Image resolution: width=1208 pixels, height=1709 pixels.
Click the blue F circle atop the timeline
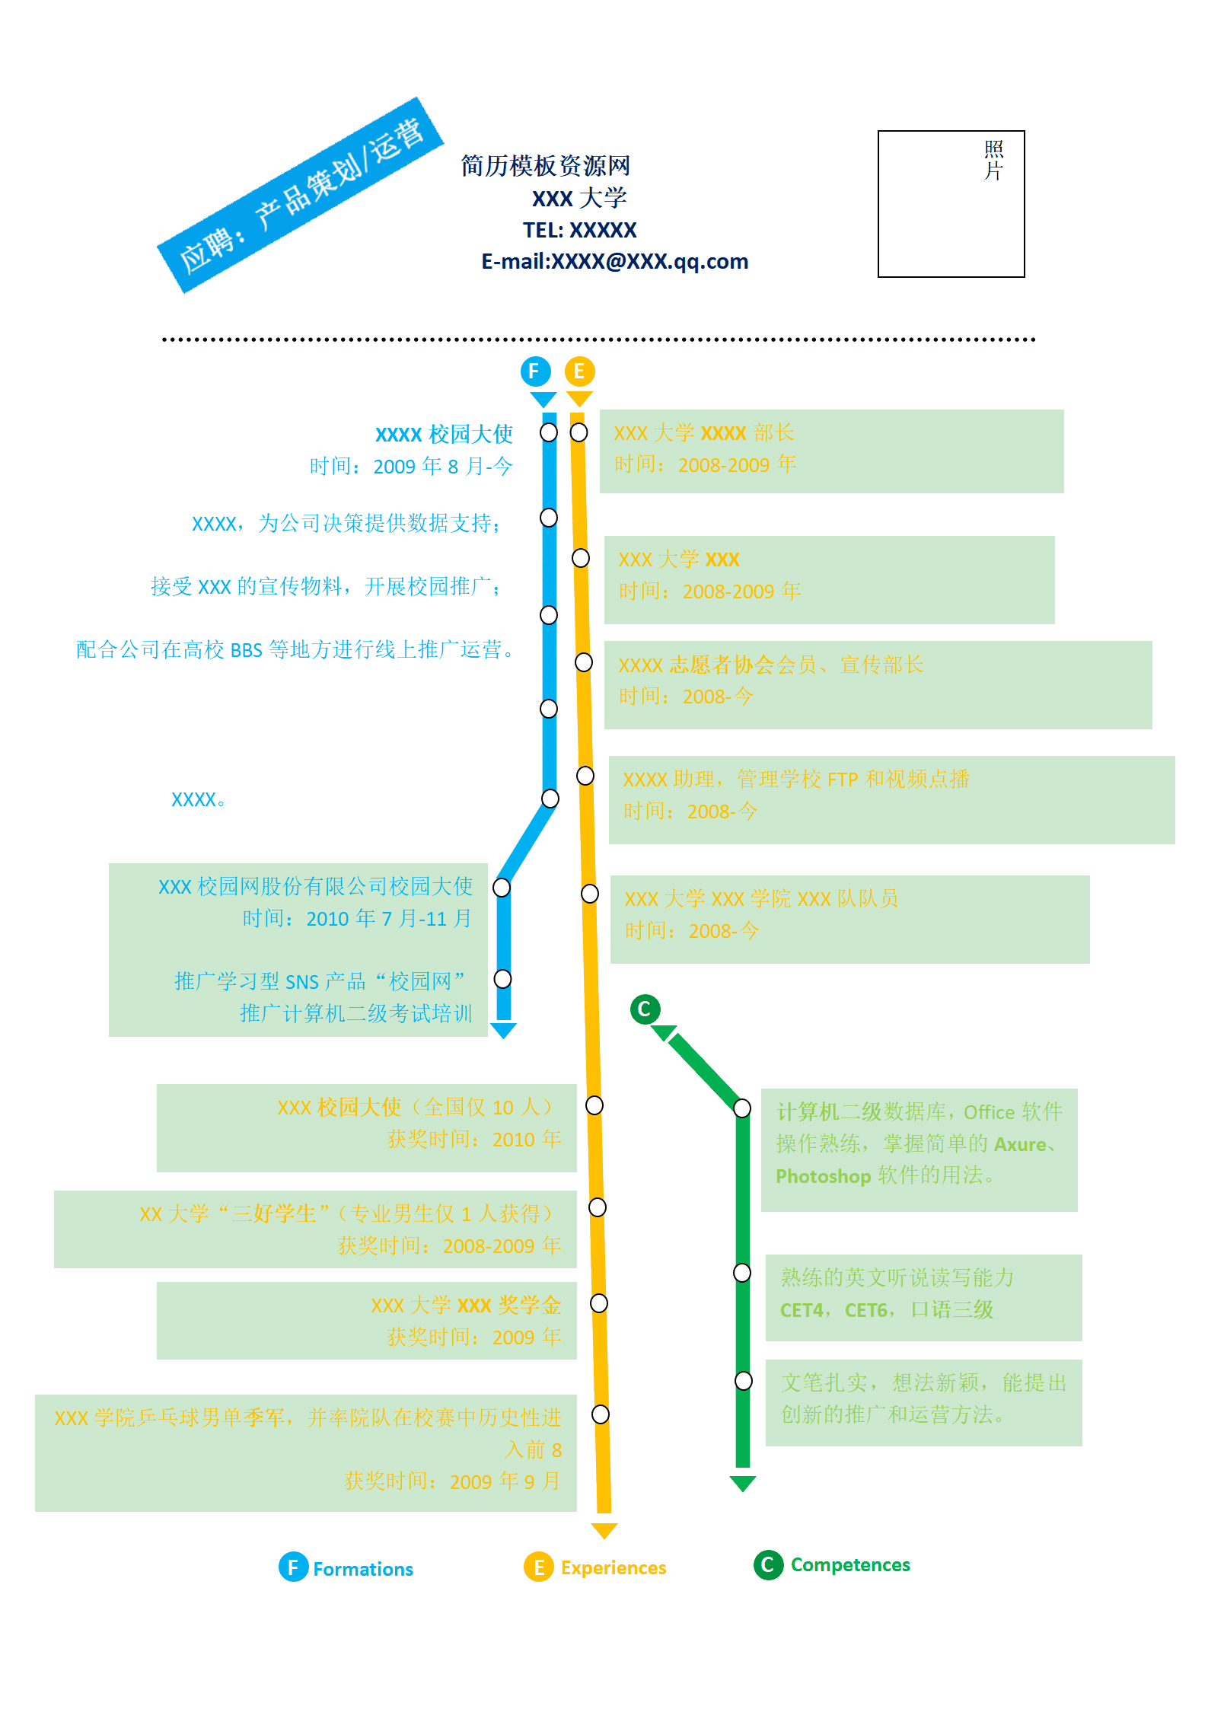(x=535, y=371)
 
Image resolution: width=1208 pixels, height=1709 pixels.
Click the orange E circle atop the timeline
(x=579, y=371)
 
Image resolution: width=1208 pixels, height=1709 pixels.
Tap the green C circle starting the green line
(x=645, y=1009)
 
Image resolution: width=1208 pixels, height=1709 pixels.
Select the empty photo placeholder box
(x=951, y=204)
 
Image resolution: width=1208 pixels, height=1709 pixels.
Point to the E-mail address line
(x=614, y=261)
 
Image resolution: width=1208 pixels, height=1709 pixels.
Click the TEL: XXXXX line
(x=579, y=230)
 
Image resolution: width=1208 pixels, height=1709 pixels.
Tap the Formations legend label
(x=363, y=1569)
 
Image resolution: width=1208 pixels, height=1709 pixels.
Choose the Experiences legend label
(x=614, y=1567)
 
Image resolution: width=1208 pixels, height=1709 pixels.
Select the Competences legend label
(x=850, y=1564)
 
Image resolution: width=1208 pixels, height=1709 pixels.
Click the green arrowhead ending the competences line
(x=742, y=1483)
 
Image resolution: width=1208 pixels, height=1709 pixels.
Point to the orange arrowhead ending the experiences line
(x=604, y=1531)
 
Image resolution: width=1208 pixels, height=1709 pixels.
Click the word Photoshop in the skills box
(x=823, y=1176)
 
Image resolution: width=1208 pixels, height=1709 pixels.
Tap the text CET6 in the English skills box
(x=866, y=1310)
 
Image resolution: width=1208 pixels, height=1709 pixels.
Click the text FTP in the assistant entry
(x=842, y=780)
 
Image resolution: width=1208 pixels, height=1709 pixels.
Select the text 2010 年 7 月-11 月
(x=389, y=918)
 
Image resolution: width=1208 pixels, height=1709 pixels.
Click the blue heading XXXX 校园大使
(x=444, y=434)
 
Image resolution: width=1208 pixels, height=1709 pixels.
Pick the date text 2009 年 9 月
(x=505, y=1481)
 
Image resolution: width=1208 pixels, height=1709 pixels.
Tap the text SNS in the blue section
(x=302, y=982)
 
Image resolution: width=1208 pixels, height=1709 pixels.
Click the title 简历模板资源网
(x=546, y=165)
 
